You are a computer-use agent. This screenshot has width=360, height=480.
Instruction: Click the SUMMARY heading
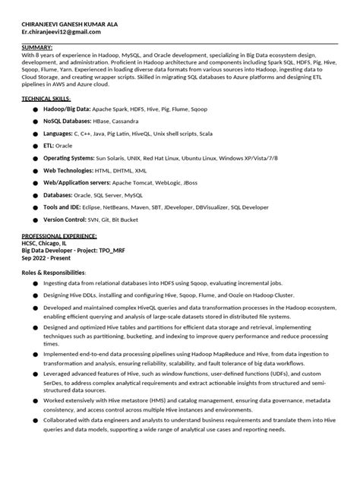(38, 48)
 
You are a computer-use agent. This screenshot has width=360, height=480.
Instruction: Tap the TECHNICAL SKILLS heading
(46, 99)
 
